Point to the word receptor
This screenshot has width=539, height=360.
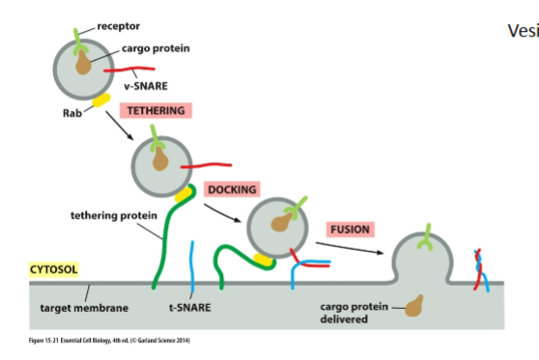click(118, 26)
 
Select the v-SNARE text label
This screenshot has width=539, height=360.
click(143, 87)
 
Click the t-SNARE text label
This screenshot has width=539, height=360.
click(191, 309)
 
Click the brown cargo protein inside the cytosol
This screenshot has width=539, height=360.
click(415, 308)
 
